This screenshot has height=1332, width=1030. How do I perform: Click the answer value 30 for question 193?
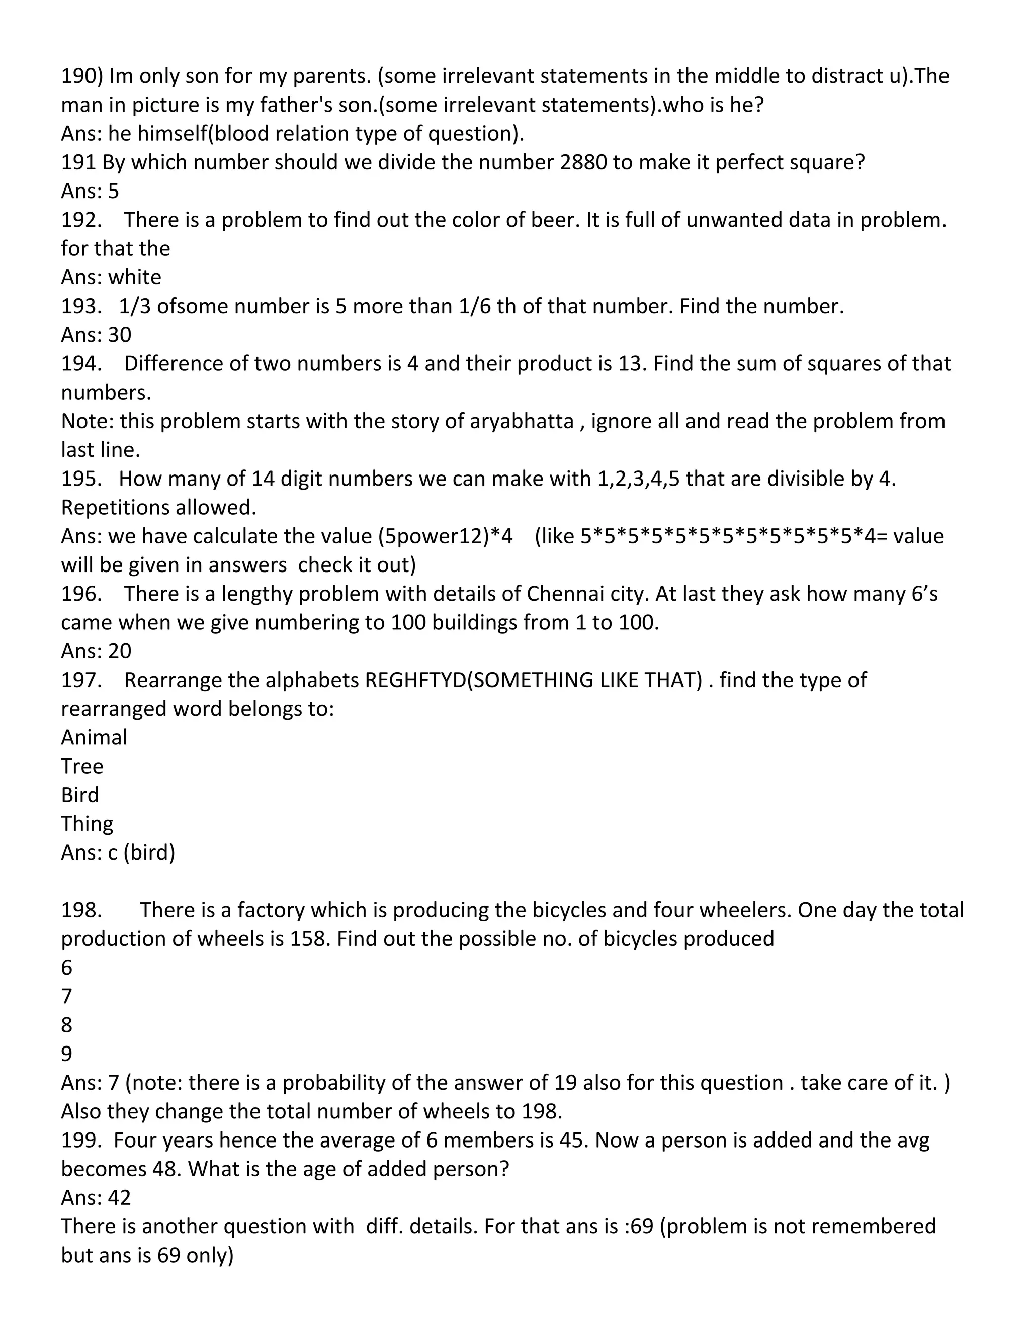[120, 335]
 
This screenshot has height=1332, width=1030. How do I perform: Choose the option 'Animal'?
[94, 737]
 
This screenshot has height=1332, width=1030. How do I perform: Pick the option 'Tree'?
[82, 766]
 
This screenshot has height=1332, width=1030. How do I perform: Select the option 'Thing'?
[87, 823]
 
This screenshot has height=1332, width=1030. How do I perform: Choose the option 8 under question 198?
[66, 1024]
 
